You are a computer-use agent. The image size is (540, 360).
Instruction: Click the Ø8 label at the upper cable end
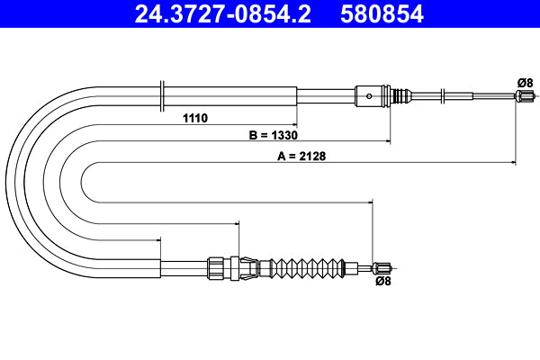pyautogui.click(x=525, y=83)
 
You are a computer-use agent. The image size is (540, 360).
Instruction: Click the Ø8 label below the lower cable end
pyautogui.click(x=382, y=282)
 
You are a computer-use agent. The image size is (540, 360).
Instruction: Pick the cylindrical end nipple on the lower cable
pyautogui.click(x=383, y=266)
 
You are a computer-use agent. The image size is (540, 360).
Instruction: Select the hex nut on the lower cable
pyautogui.click(x=215, y=266)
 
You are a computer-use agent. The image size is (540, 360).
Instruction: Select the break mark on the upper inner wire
pyautogui.click(x=444, y=95)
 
